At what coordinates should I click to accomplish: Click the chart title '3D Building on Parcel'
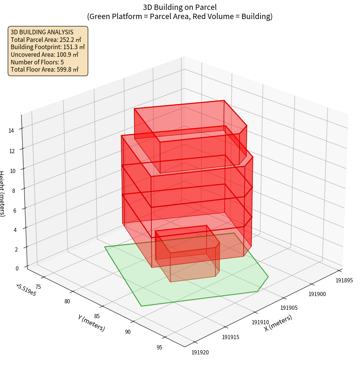click(180, 7)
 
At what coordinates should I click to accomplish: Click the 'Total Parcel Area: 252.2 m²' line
click(46, 39)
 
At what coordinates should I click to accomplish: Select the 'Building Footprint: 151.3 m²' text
click(48, 47)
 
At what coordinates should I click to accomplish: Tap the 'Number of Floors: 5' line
click(37, 62)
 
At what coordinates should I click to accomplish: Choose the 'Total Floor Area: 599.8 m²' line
click(45, 70)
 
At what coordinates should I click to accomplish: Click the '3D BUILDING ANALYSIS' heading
click(42, 32)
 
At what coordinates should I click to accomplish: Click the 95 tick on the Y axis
click(159, 347)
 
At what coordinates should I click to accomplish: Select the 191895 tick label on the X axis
click(344, 280)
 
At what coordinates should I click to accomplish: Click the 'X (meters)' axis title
click(278, 323)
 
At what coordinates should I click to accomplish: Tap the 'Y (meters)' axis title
click(91, 323)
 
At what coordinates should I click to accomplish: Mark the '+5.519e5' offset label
click(26, 290)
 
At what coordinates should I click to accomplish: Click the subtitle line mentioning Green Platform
click(180, 16)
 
